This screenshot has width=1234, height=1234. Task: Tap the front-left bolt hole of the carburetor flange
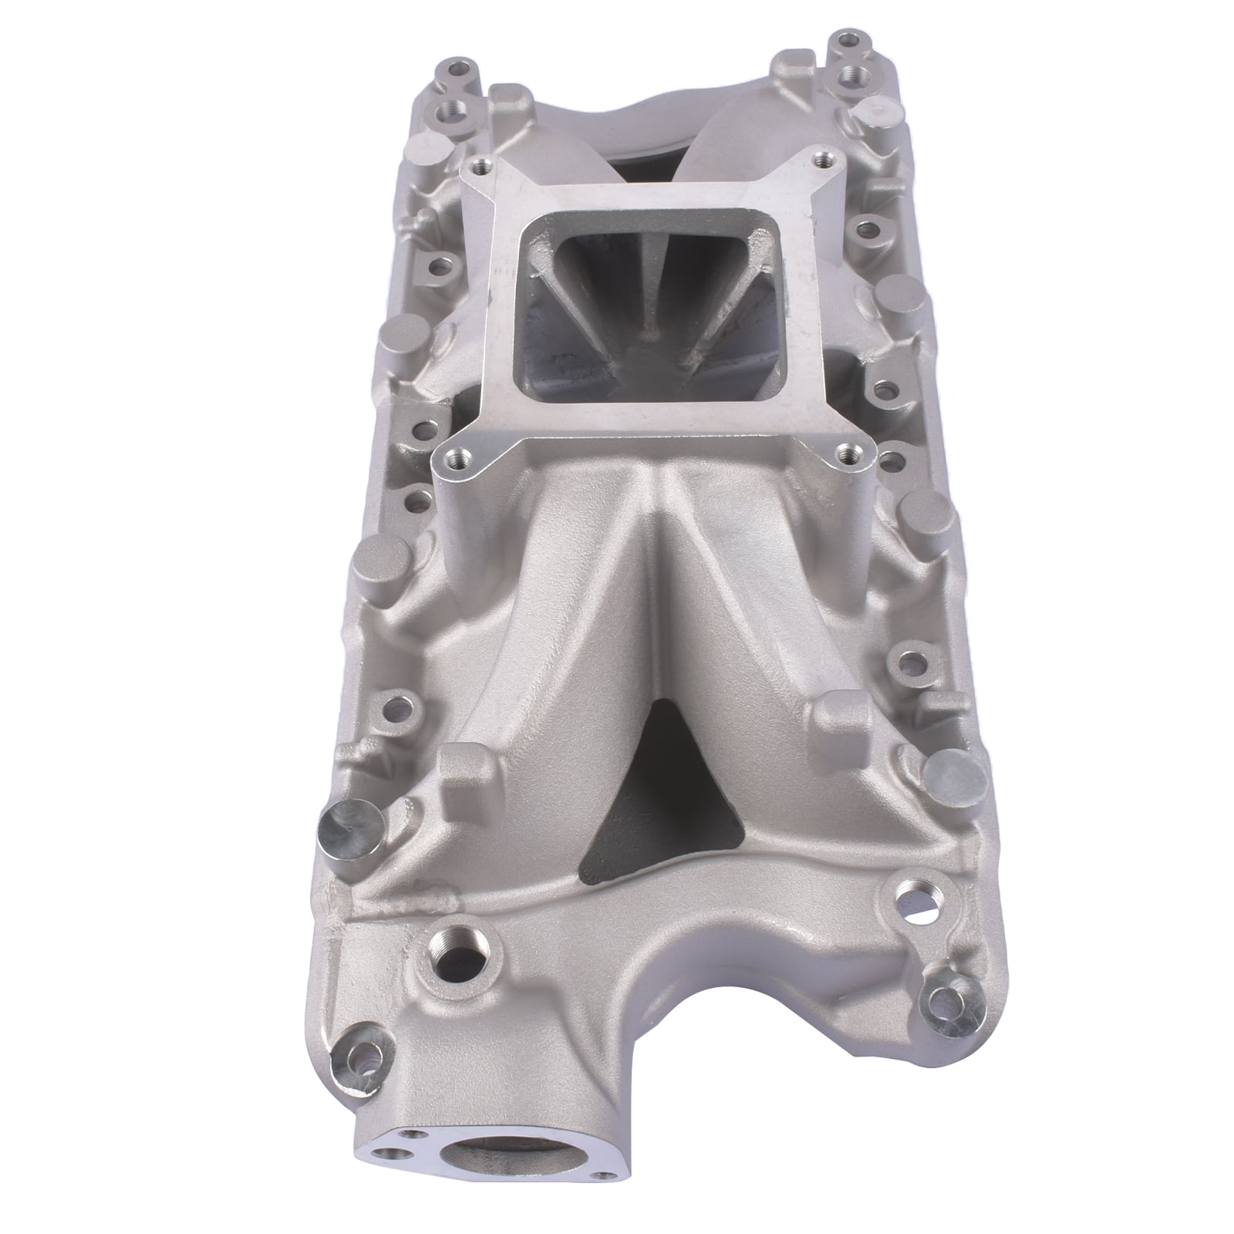pyautogui.click(x=460, y=455)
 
